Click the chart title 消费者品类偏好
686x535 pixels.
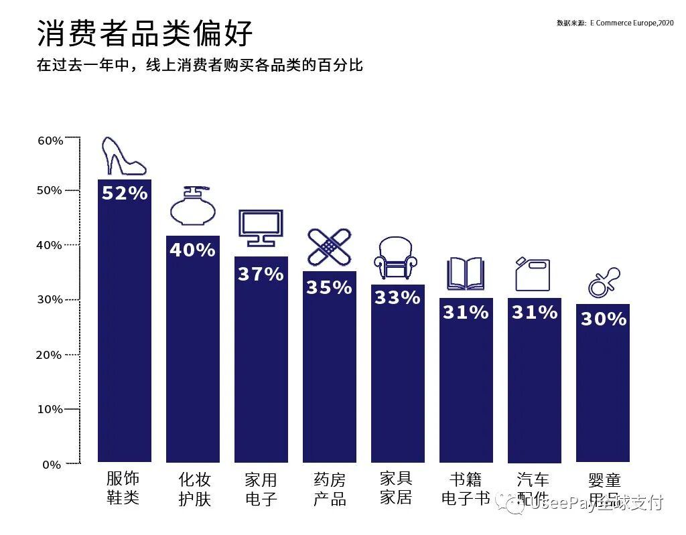[x=145, y=33]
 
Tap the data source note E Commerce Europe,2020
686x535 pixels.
[x=615, y=23]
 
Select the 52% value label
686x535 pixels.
[x=125, y=194]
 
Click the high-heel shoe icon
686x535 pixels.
[x=123, y=157]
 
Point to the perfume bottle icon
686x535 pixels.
[x=192, y=207]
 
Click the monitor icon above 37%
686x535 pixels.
[x=261, y=228]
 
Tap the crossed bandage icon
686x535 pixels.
[x=329, y=247]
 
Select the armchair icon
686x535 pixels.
[x=397, y=258]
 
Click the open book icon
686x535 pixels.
[x=466, y=274]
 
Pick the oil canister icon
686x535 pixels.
[x=533, y=274]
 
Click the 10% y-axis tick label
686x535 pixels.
[x=50, y=409]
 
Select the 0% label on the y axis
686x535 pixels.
[x=52, y=464]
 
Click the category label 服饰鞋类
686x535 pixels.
[x=123, y=488]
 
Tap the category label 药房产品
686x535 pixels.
[x=330, y=489]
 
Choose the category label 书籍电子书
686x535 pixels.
[x=466, y=489]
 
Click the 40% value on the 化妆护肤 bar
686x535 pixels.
[x=192, y=250]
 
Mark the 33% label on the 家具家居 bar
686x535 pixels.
[x=397, y=297]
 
